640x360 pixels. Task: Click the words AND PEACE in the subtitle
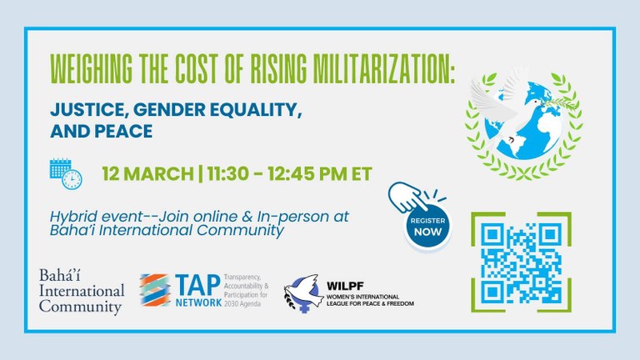tap(101, 131)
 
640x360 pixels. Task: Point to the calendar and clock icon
tap(66, 174)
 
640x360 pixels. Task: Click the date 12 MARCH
tap(147, 174)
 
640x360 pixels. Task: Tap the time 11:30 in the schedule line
tap(227, 174)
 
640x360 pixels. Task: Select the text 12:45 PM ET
tap(320, 174)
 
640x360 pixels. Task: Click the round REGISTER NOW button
tap(427, 226)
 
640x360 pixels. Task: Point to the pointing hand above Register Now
tap(407, 197)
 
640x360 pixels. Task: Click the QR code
tap(521, 262)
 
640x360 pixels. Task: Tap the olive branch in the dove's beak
tap(558, 103)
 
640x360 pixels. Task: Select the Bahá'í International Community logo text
tap(82, 291)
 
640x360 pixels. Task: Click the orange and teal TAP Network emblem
tap(155, 290)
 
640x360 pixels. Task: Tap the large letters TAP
tap(198, 285)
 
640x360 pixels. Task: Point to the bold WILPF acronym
tap(345, 286)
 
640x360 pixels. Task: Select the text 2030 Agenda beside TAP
tap(242, 303)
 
